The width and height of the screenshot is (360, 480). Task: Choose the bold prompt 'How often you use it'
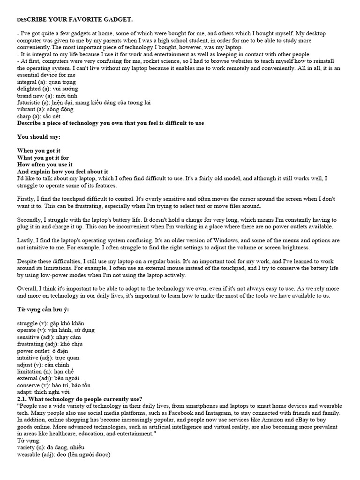(x=45, y=165)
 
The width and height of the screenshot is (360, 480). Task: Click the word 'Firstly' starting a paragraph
(x=27, y=199)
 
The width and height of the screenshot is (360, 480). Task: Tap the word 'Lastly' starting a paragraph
(x=26, y=240)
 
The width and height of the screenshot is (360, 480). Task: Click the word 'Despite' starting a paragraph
(x=28, y=261)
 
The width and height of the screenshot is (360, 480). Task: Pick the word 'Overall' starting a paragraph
(x=28, y=289)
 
